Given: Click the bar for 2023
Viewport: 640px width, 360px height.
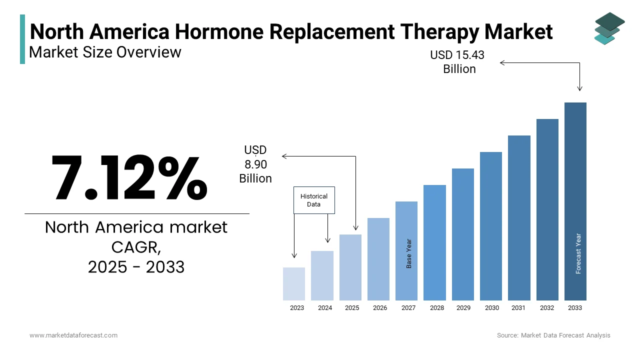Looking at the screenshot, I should [x=294, y=283].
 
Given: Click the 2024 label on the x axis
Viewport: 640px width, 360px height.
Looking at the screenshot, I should [x=325, y=308].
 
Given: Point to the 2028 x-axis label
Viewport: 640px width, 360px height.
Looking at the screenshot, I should [x=437, y=308].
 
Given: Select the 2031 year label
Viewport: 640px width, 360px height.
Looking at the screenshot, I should [x=518, y=308].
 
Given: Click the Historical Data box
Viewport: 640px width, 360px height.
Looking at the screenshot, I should [x=314, y=200].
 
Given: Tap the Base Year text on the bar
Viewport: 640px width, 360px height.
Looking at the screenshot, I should [x=409, y=253].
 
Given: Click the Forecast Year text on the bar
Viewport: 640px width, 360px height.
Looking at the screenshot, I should [x=578, y=253].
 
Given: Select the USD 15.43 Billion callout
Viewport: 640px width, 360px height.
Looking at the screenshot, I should [x=458, y=62].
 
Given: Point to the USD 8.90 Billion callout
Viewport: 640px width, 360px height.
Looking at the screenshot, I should [x=255, y=164].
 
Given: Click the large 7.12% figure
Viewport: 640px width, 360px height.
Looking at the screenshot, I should [x=129, y=177].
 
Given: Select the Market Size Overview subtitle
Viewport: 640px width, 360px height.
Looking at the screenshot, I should [x=105, y=52].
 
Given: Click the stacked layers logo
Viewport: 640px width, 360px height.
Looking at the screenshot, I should [x=609, y=28].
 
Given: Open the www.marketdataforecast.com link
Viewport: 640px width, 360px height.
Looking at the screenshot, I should [x=73, y=335].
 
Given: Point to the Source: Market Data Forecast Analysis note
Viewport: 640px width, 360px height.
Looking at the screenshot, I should [x=553, y=335].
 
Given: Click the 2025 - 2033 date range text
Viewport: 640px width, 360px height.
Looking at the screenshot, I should [x=136, y=267].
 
